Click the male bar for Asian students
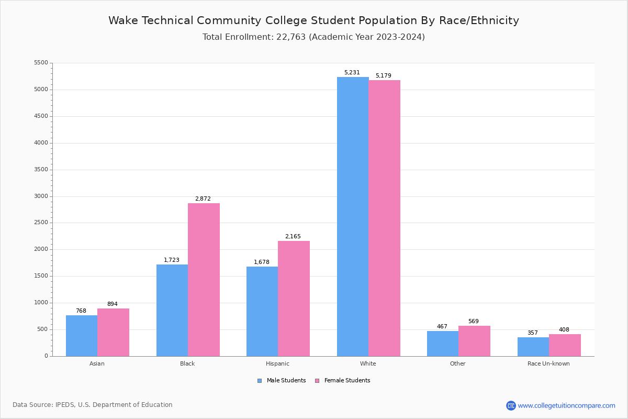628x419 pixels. (x=82, y=336)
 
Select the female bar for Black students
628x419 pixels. (x=204, y=280)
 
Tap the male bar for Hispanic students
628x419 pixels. (x=262, y=311)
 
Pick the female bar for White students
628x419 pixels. (x=384, y=218)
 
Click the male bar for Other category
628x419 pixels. (x=443, y=344)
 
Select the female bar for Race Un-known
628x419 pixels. (x=565, y=345)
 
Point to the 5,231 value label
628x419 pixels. (x=352, y=73)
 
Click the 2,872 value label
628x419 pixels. (x=203, y=199)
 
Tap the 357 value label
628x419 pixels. (x=532, y=333)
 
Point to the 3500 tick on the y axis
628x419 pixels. (x=41, y=170)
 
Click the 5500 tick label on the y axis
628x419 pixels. (x=41, y=63)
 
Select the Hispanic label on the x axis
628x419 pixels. (x=277, y=363)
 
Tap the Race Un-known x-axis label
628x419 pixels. (x=548, y=363)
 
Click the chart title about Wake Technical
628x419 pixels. (x=313, y=20)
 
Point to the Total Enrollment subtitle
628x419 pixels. (x=313, y=37)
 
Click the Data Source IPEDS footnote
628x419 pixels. (x=93, y=405)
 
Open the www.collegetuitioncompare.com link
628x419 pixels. (x=566, y=406)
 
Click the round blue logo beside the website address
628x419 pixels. (x=511, y=406)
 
